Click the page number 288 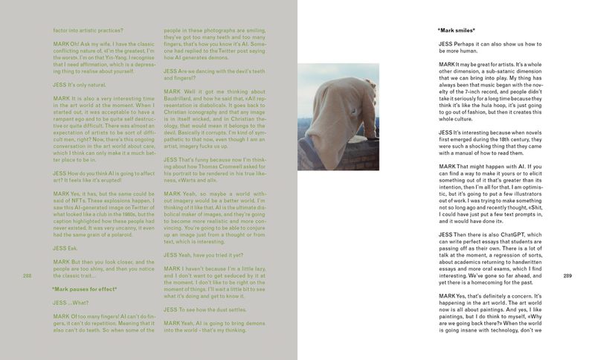(x=28, y=276)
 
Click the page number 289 (x=567, y=276)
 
